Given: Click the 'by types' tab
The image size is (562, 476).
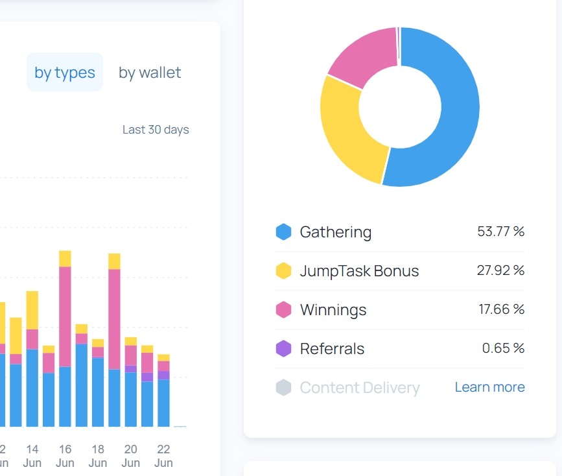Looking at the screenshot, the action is coord(65,72).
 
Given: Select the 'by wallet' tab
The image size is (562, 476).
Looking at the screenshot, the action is coord(150,73).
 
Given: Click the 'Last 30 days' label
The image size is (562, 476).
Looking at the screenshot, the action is coord(156,130).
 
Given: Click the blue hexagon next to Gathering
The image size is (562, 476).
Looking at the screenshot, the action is coord(283,232).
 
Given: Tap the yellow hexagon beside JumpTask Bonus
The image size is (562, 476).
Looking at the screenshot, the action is coord(283,270).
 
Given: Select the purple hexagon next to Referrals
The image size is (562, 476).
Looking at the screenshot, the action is coord(283,348).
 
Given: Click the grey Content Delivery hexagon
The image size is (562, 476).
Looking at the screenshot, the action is coord(283,387).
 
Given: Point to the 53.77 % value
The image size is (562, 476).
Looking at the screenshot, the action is coord(500,232).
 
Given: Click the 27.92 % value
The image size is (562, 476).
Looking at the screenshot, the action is coord(500,270).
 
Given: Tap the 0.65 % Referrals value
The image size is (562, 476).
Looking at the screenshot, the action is coord(503,348).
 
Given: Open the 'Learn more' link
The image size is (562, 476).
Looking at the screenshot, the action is coord(490,387).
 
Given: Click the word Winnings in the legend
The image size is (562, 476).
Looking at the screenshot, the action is coord(333,310).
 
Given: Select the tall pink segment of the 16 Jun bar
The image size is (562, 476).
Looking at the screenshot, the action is coord(65,316).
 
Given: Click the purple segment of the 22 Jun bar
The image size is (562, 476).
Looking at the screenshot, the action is coord(163,375).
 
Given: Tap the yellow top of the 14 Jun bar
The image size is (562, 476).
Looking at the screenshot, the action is coord(32,310).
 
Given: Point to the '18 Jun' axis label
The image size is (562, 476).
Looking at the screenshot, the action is coord(98,456).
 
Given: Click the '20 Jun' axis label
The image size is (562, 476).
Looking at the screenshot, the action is coord(130,456).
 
